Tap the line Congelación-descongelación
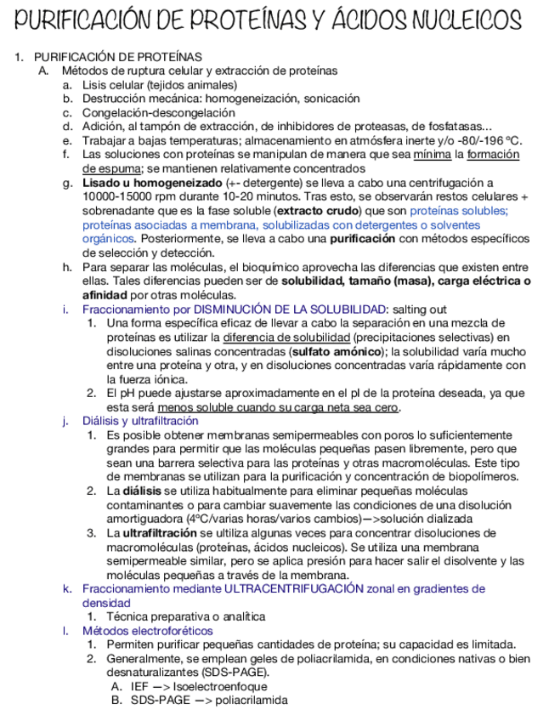(158, 112)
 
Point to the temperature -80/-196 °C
(491, 140)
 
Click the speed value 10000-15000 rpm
(133, 196)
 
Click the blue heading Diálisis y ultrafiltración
(140, 421)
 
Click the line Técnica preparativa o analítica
(186, 616)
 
